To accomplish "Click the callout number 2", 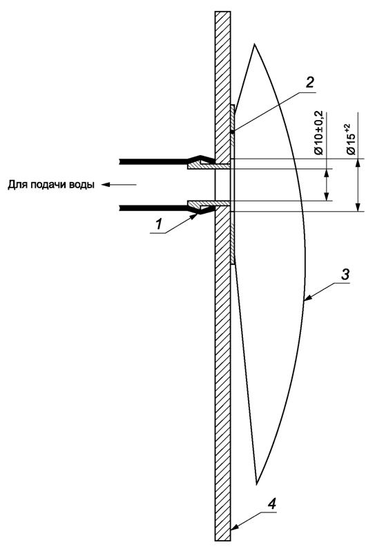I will [310, 82].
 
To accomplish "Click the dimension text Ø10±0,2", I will [319, 135].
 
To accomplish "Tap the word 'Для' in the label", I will [17, 184].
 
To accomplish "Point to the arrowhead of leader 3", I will [306, 299].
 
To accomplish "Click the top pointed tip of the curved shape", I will [255, 45].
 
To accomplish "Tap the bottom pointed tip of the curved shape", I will [257, 482].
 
